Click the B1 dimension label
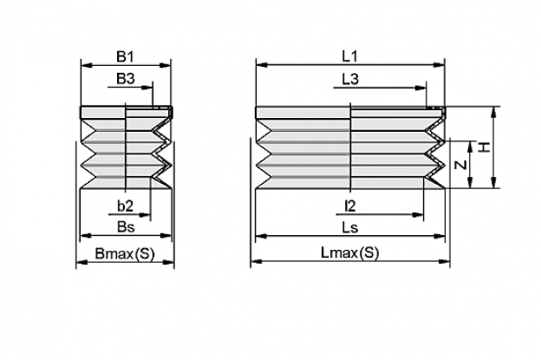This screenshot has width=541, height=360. (125, 56)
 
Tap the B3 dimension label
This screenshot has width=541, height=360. (125, 79)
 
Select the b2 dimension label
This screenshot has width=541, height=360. (125, 206)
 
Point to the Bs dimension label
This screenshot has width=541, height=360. (126, 226)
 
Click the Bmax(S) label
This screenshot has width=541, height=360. (125, 253)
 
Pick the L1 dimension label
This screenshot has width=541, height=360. (350, 56)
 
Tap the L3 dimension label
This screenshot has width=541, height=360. (350, 79)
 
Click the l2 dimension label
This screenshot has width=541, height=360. (350, 206)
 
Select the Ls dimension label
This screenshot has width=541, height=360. (350, 227)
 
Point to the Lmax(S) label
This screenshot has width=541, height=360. (350, 253)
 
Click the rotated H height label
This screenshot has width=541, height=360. (485, 147)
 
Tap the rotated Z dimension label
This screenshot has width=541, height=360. (461, 165)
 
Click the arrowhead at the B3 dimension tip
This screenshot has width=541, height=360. (147, 88)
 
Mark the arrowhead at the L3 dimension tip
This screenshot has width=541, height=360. (420, 88)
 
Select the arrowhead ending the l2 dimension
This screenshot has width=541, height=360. (418, 214)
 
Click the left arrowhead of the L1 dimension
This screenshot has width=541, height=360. (262, 64)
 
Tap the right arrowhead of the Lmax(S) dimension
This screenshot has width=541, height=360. (444, 262)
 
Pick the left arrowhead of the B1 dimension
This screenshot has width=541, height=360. (87, 65)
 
